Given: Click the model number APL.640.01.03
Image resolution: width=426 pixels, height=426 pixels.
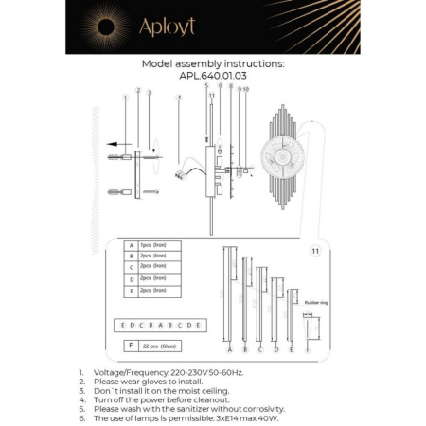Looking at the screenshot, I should pyautogui.click(x=212, y=76).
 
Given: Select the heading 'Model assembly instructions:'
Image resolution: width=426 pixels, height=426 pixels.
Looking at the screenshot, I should pyautogui.click(x=212, y=63).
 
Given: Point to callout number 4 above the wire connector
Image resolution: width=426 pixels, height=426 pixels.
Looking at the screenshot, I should pyautogui.click(x=179, y=98).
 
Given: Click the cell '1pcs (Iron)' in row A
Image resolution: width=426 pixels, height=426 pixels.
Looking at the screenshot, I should pyautogui.click(x=157, y=245).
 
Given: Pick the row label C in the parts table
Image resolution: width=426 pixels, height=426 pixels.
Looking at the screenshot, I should pyautogui.click(x=130, y=268).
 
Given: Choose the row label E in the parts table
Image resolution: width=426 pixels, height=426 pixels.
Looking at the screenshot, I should pyautogui.click(x=130, y=292).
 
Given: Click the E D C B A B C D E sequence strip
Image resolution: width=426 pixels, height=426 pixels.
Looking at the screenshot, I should pyautogui.click(x=157, y=324).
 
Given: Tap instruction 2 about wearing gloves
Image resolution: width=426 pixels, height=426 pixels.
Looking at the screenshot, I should pyautogui.click(x=151, y=382).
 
